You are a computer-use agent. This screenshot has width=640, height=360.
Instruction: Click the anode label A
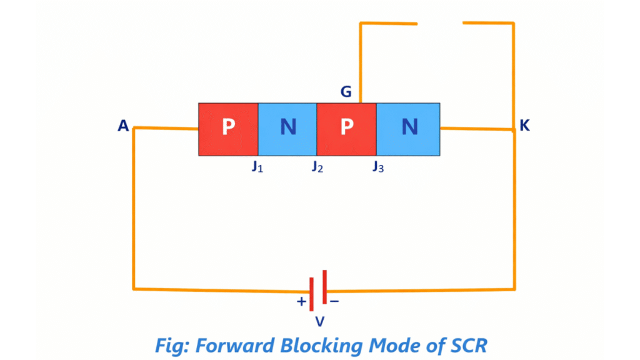click(x=123, y=126)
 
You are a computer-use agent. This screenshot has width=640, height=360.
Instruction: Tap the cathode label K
click(x=524, y=126)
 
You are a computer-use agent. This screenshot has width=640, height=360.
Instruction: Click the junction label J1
click(x=257, y=167)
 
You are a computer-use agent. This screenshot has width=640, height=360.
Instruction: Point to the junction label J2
click(x=317, y=167)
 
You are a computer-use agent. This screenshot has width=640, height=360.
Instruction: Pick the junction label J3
click(x=377, y=167)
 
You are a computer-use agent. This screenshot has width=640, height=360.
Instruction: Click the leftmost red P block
click(x=228, y=129)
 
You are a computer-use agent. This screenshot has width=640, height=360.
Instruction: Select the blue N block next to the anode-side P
click(x=287, y=129)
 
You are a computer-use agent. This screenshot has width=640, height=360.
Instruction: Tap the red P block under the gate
click(x=346, y=129)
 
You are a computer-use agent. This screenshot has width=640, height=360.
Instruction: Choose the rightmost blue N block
click(x=408, y=129)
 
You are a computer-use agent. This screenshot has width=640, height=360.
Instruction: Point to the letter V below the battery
click(x=319, y=322)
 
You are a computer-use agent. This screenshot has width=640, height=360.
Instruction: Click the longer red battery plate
click(x=311, y=294)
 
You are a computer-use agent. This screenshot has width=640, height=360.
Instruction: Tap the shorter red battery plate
click(x=324, y=287)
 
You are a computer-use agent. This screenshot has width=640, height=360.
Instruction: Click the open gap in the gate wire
click(x=440, y=23)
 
